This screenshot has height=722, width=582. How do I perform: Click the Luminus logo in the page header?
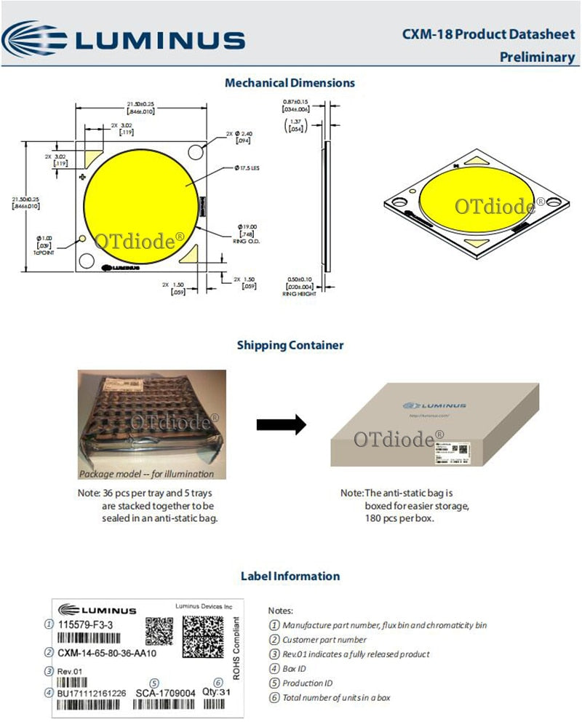click(124, 39)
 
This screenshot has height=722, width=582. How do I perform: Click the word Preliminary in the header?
click(537, 57)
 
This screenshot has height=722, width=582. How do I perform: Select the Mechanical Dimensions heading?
click(290, 83)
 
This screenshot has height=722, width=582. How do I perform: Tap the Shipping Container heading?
click(290, 345)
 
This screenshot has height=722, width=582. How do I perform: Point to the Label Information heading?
click(290, 576)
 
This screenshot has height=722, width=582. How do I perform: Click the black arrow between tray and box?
click(281, 425)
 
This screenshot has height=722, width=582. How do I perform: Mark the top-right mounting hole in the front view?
click(196, 151)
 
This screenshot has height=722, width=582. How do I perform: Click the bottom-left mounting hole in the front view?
click(87, 260)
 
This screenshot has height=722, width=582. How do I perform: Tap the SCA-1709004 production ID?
click(165, 693)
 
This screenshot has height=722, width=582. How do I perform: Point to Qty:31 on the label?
click(216, 692)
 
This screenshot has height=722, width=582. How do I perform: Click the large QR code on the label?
click(203, 637)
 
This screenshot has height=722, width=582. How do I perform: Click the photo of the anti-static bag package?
click(152, 425)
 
